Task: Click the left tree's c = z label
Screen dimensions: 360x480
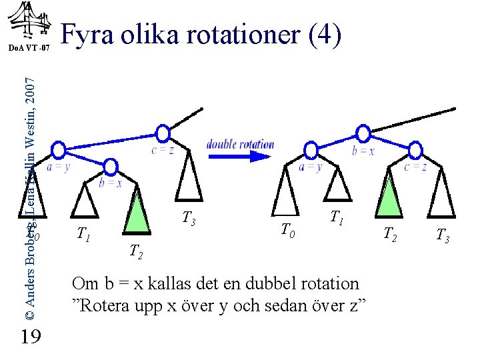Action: tap(163, 150)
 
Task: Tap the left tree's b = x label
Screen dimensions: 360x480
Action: tap(111, 182)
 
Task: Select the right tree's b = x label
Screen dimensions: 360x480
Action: tap(363, 151)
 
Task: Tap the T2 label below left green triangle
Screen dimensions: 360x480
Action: tap(135, 251)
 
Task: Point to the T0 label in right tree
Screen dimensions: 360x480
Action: tap(287, 231)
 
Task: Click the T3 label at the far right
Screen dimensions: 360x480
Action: tap(442, 235)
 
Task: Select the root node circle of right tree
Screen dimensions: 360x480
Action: tap(363, 133)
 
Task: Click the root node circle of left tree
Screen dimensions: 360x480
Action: tap(162, 133)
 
